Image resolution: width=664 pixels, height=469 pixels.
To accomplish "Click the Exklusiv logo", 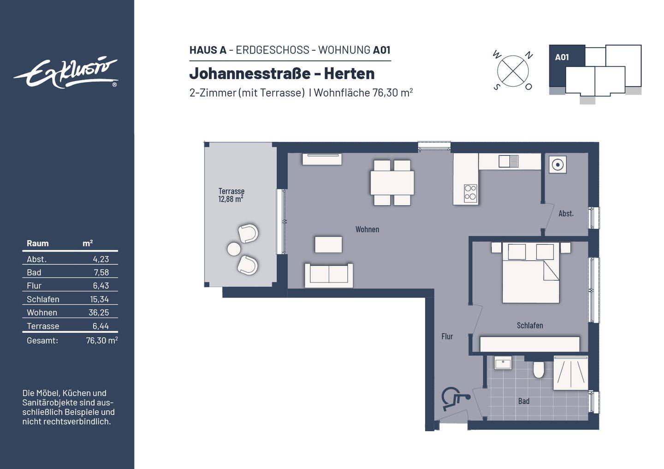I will (65, 73).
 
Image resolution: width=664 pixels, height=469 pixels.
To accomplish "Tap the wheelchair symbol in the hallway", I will (454, 399).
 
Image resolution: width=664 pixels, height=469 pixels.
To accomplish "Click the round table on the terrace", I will (234, 249).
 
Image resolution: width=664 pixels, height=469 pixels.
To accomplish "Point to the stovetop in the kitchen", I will (470, 193).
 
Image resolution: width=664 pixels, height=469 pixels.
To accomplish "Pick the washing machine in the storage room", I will (557, 165).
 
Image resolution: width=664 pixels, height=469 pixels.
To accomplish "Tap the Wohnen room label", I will (367, 229).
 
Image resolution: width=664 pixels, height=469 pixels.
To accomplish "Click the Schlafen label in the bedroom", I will (529, 326).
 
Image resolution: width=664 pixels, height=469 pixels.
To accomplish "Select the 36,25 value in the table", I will (99, 312).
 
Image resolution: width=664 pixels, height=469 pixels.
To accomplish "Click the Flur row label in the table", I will (34, 286).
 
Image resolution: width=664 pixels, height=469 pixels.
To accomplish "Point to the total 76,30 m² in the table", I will (101, 340).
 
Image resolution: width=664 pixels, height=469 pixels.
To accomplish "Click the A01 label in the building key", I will (562, 58).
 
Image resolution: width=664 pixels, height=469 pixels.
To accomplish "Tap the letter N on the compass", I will (529, 56).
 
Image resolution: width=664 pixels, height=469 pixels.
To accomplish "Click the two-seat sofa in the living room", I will (329, 275).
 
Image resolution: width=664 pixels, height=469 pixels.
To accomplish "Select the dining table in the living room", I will (392, 183).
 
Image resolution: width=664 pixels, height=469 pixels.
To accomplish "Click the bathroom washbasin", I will (503, 363).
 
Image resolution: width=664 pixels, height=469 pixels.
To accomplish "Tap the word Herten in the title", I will (349, 74).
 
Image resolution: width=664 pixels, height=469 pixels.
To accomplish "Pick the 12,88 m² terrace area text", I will (231, 199).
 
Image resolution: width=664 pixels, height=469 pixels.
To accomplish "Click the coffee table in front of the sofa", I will (328, 244).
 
